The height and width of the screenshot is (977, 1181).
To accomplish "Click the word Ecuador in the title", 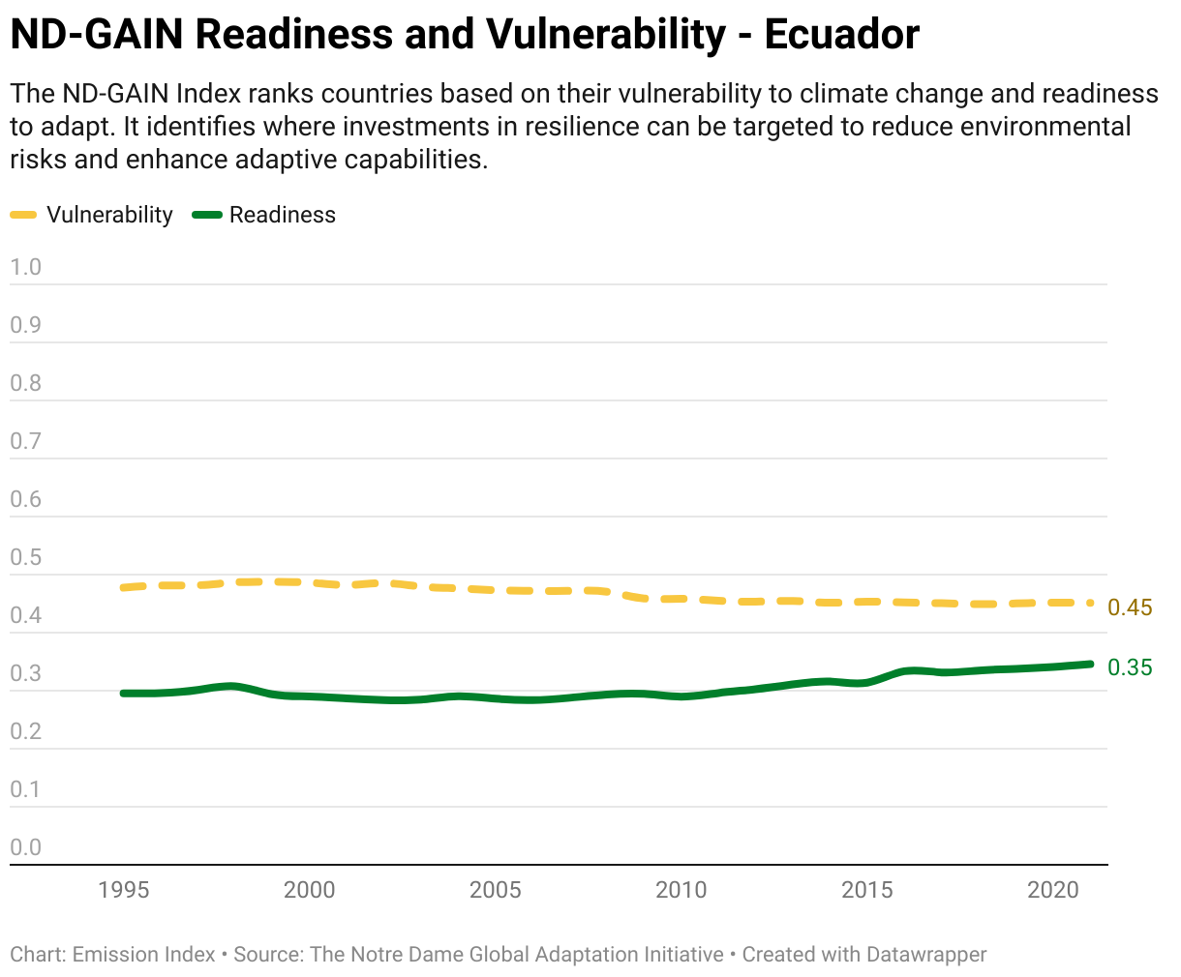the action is [x=841, y=35].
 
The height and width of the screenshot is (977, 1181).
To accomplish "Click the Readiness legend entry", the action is [x=264, y=215].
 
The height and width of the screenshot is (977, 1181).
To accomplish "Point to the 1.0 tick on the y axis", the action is [x=25, y=267].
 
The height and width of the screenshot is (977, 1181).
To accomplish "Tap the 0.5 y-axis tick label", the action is [x=25, y=557].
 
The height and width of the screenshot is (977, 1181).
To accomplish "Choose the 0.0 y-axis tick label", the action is [x=25, y=847].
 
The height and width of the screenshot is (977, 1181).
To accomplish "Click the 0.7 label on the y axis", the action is [x=25, y=441].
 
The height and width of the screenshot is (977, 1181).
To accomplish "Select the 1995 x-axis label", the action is [x=124, y=890].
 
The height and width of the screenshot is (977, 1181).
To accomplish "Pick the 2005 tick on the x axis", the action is [x=496, y=890].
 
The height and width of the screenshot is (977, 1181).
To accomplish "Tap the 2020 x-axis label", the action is [x=1053, y=890].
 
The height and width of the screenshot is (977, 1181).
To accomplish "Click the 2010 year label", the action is [x=681, y=890].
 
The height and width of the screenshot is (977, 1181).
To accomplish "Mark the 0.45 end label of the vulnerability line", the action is [x=1130, y=607].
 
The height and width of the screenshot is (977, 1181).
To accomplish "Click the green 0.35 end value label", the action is [x=1130, y=667].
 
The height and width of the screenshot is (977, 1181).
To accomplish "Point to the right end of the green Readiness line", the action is [x=1090, y=665].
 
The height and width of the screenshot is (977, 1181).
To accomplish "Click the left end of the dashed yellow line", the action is [x=124, y=588].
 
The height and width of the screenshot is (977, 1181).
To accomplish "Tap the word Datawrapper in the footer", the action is [x=926, y=955].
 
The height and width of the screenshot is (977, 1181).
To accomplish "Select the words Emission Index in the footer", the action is [x=143, y=955].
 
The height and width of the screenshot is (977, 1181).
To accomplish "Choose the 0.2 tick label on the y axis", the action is [x=25, y=731].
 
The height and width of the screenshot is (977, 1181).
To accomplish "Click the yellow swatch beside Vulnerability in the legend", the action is [x=23, y=215].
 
